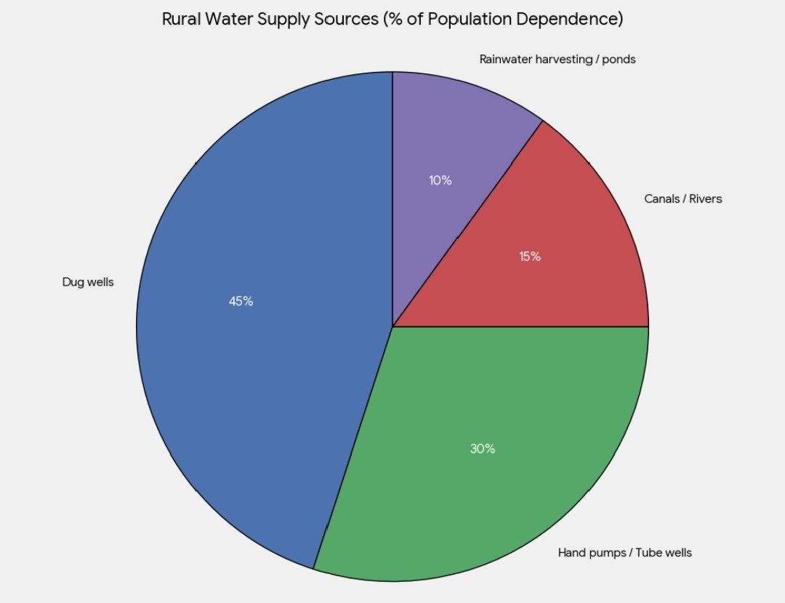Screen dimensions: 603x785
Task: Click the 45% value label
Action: pyautogui.click(x=241, y=301)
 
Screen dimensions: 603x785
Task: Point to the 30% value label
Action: pyautogui.click(x=482, y=449)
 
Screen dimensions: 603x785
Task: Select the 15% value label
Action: pyautogui.click(x=530, y=256)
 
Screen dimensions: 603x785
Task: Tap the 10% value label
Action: pyautogui.click(x=440, y=181)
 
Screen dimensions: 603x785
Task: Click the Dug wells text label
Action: pyautogui.click(x=88, y=283)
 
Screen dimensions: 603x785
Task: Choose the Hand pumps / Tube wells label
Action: pyautogui.click(x=624, y=553)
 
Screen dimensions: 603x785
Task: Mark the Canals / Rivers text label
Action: pyautogui.click(x=683, y=198)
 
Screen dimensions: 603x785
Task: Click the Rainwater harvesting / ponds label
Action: pyautogui.click(x=557, y=60)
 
